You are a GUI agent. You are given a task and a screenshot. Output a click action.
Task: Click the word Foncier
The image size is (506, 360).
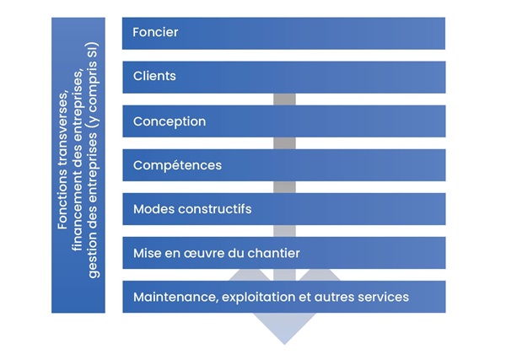pyautogui.click(x=155, y=32)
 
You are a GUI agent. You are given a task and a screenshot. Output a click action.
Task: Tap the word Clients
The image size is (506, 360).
pyautogui.click(x=154, y=76)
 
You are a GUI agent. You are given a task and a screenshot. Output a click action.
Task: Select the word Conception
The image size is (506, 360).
pyautogui.click(x=170, y=121)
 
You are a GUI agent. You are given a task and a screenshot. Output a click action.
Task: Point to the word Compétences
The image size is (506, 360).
pyautogui.click(x=177, y=165)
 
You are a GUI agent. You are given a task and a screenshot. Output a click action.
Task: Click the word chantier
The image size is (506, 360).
pyautogui.click(x=273, y=253)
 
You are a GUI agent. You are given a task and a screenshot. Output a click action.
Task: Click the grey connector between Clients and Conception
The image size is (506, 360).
pyautogui.click(x=284, y=99)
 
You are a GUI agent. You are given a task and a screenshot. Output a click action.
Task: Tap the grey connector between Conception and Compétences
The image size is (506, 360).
pyautogui.click(x=284, y=143)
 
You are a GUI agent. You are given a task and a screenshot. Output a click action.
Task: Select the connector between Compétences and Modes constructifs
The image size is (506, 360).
pyautogui.click(x=284, y=187)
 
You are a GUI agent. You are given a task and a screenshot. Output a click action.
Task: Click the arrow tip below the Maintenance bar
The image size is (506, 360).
pyautogui.click(x=284, y=345)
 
